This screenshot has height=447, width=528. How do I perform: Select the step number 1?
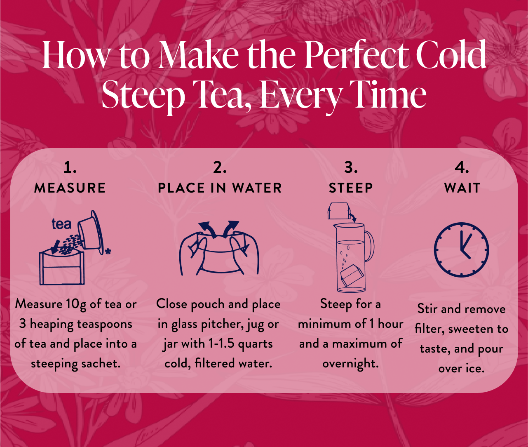(x=70, y=167)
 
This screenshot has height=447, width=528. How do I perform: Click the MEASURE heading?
(x=70, y=188)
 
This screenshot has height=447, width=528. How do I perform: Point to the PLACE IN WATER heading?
(x=220, y=188)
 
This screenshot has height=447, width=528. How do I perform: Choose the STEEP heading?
(x=351, y=188)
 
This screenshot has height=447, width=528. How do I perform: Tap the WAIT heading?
(x=462, y=188)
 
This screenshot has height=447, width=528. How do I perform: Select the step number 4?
(x=462, y=167)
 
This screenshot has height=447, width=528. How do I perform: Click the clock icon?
(x=461, y=249)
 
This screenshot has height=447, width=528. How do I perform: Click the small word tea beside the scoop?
(x=61, y=224)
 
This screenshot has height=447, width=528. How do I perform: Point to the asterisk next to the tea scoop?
(x=108, y=251)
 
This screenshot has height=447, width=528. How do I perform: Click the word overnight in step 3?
(x=350, y=364)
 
